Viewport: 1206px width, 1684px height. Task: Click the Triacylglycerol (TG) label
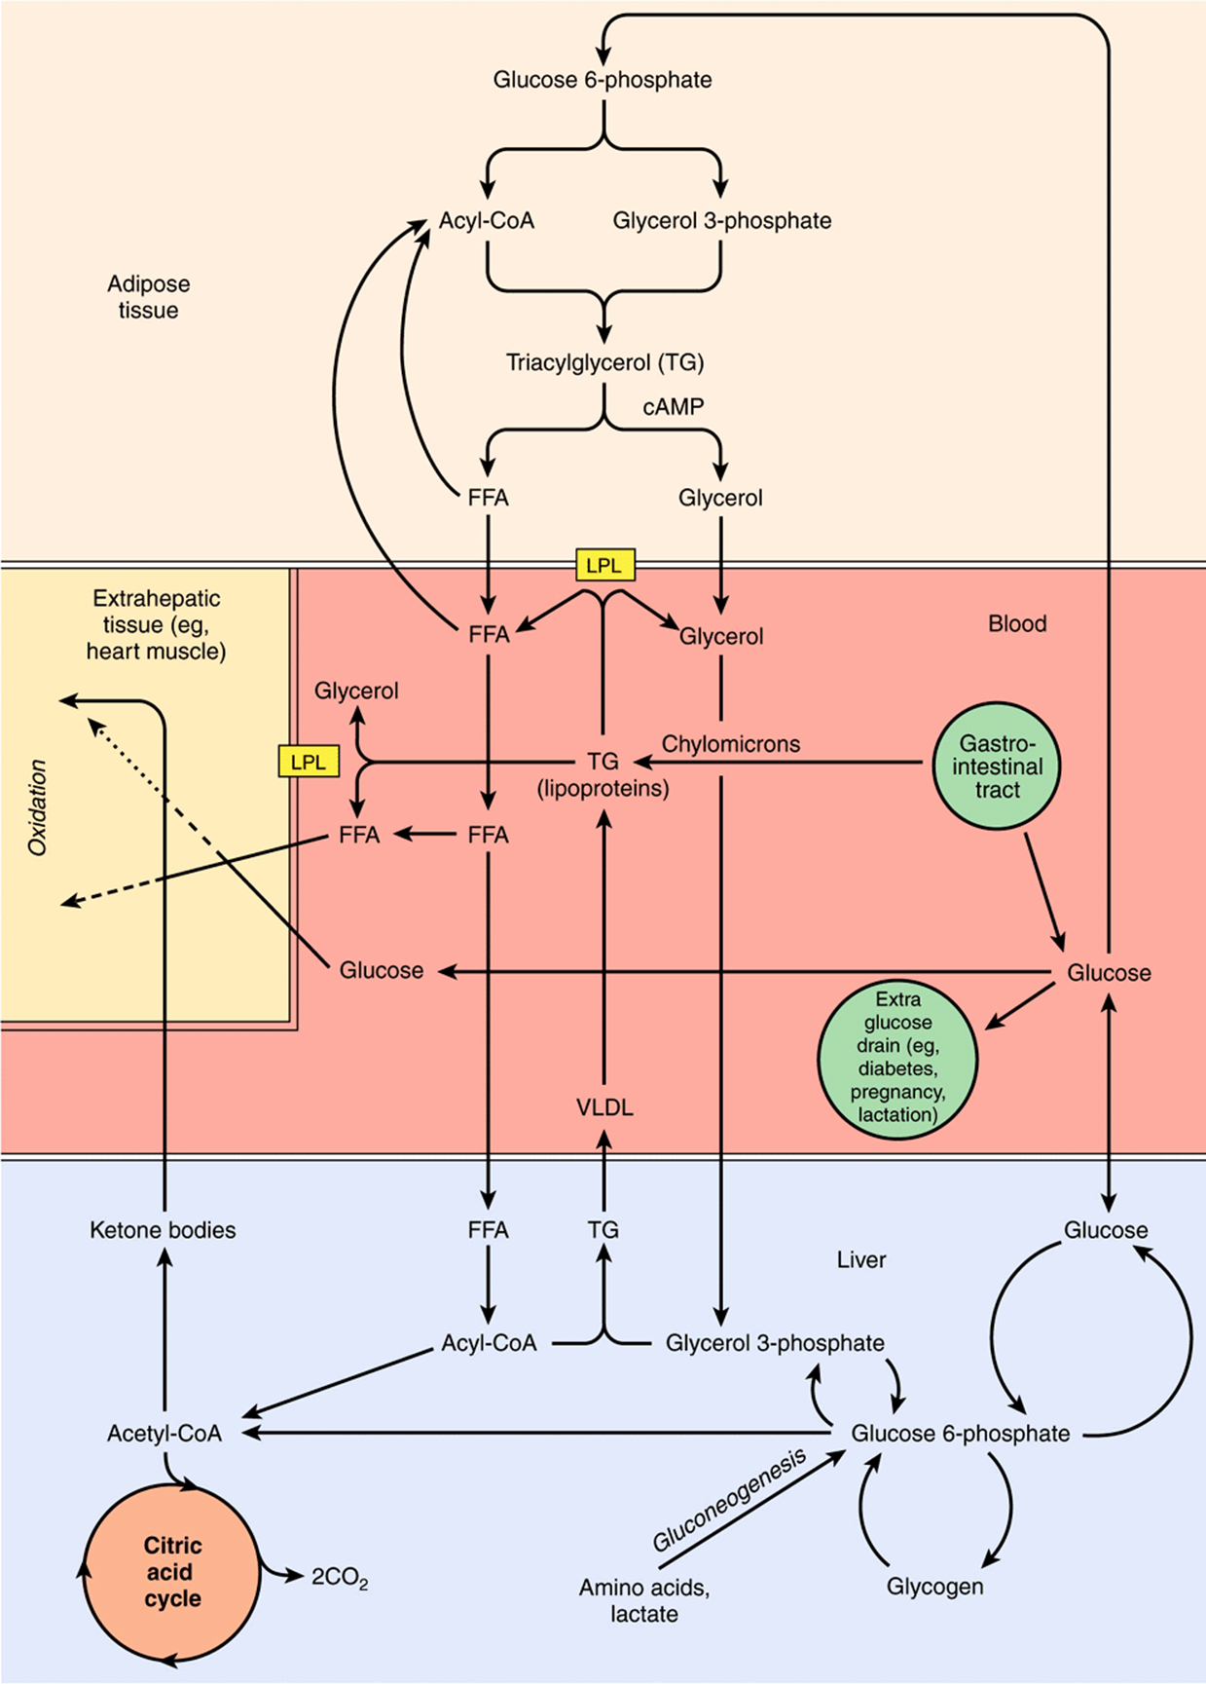pyautogui.click(x=604, y=363)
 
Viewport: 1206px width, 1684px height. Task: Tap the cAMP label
pyautogui.click(x=674, y=406)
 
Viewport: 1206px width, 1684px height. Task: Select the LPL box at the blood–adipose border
pyautogui.click(x=604, y=565)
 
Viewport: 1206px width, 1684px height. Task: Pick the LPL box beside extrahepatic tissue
pyautogui.click(x=309, y=762)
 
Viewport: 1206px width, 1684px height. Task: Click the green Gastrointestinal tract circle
pyautogui.click(x=997, y=767)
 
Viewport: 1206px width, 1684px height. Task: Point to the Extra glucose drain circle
pyautogui.click(x=897, y=1059)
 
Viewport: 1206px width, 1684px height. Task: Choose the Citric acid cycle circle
pyautogui.click(x=172, y=1571)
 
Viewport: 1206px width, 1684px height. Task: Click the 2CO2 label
pyautogui.click(x=340, y=1578)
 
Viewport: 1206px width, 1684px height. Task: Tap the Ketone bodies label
pyautogui.click(x=163, y=1230)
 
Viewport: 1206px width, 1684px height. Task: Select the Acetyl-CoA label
pyautogui.click(x=164, y=1434)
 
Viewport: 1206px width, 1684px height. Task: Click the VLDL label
pyautogui.click(x=604, y=1107)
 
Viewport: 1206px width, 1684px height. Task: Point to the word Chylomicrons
pyautogui.click(x=731, y=744)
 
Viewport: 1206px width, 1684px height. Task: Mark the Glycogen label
pyautogui.click(x=934, y=1587)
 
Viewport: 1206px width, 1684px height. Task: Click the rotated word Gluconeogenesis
pyautogui.click(x=730, y=1500)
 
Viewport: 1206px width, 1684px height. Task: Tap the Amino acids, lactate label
pyautogui.click(x=644, y=1600)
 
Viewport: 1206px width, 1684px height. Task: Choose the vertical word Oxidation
pyautogui.click(x=38, y=807)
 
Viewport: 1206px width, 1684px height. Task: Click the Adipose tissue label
pyautogui.click(x=148, y=297)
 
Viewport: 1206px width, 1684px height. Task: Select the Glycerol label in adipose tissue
pyautogui.click(x=720, y=498)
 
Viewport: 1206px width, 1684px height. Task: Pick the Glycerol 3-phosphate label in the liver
pyautogui.click(x=775, y=1343)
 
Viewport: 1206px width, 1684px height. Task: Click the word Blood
pyautogui.click(x=1017, y=623)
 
